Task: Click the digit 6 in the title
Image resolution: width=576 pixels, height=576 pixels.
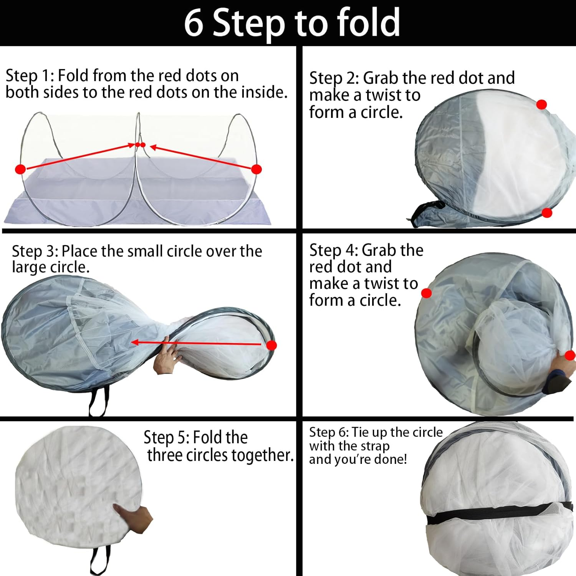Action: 194,23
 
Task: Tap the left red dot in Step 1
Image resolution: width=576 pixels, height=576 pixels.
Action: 20,169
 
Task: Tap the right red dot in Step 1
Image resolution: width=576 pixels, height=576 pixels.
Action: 257,169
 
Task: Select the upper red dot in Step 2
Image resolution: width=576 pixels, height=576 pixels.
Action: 541,104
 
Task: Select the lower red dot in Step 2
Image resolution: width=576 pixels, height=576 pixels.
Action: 547,213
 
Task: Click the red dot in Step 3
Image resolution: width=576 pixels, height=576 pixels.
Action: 271,345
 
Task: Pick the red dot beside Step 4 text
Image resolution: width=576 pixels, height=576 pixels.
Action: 426,293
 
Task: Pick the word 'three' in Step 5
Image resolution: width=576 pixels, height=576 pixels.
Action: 166,455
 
